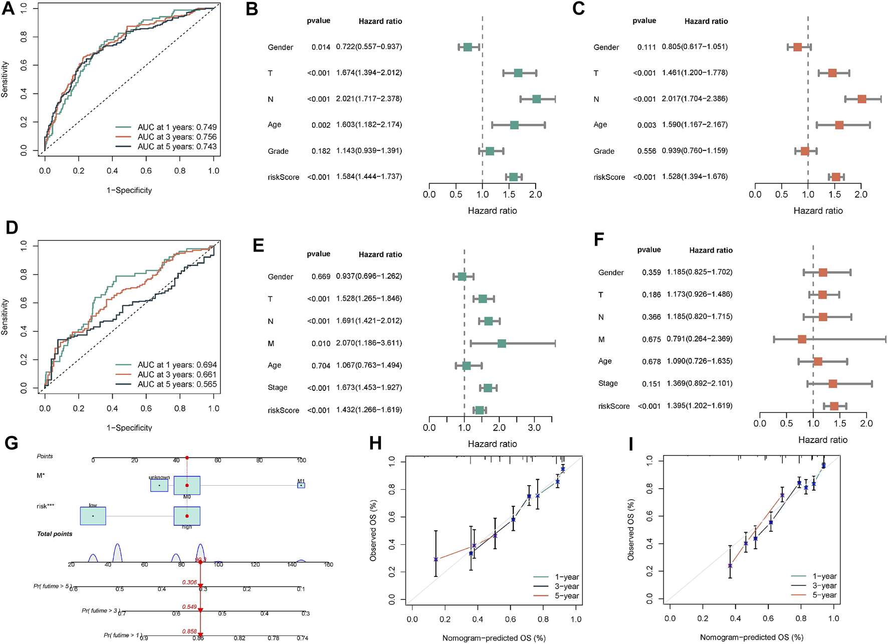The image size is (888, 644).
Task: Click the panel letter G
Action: (x=11, y=443)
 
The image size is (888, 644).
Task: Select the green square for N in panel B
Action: (x=536, y=99)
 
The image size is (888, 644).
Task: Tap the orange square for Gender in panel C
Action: (x=797, y=47)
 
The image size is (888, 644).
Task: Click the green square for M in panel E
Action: (x=502, y=343)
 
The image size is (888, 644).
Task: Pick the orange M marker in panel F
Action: (x=802, y=339)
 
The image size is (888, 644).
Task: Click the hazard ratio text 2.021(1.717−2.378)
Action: (x=369, y=99)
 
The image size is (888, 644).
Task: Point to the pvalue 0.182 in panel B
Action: (x=321, y=151)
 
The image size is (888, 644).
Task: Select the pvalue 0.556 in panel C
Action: (x=646, y=151)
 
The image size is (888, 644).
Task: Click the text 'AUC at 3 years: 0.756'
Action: (x=177, y=137)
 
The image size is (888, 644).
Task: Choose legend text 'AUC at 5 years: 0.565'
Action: (x=177, y=384)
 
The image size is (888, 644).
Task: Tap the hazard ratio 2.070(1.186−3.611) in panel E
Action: (x=369, y=343)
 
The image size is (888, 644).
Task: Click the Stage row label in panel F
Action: (x=608, y=383)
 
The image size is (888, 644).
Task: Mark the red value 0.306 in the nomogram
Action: (x=189, y=582)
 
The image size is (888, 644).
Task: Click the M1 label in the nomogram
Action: (x=301, y=481)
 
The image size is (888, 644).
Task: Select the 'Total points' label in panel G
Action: (x=55, y=534)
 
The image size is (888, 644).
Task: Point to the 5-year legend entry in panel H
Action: (x=566, y=596)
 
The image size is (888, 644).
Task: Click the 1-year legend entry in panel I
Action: (x=824, y=576)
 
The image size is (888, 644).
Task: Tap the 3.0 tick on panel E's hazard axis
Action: (x=534, y=427)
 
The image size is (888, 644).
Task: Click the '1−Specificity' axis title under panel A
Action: (x=129, y=190)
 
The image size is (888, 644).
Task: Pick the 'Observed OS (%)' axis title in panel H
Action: (x=373, y=530)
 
